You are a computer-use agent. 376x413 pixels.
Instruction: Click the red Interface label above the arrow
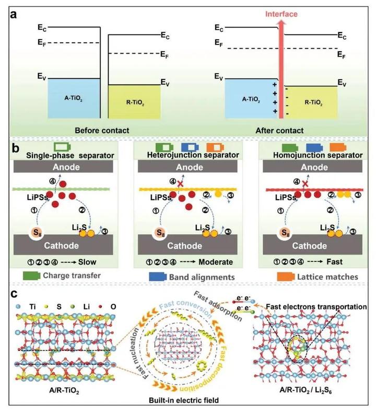pyautogui.click(x=281, y=14)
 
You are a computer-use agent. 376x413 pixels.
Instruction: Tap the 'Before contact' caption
pyautogui.click(x=102, y=130)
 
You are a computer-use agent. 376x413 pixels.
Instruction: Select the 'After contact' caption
pyautogui.click(x=279, y=130)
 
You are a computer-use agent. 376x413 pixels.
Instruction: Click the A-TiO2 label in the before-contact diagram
pyautogui.click(x=74, y=98)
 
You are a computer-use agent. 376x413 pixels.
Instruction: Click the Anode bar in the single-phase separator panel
pyautogui.click(x=63, y=167)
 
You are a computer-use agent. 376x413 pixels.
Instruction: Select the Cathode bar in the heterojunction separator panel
pyautogui.click(x=187, y=245)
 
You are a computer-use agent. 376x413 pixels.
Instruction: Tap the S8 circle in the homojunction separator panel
pyautogui.click(x=285, y=233)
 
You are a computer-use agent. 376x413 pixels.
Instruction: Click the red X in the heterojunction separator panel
pyautogui.click(x=180, y=183)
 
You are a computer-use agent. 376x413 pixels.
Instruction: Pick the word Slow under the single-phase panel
pyautogui.click(x=87, y=262)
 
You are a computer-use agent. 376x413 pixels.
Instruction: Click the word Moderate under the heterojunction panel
pyautogui.click(x=216, y=262)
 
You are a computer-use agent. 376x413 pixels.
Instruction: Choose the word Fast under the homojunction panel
pyautogui.click(x=334, y=261)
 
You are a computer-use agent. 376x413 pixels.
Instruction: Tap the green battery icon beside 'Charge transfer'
pyautogui.click(x=31, y=276)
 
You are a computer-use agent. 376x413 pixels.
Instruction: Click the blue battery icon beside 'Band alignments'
pyautogui.click(x=158, y=277)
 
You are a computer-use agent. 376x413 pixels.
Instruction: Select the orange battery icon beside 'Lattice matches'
pyautogui.click(x=286, y=277)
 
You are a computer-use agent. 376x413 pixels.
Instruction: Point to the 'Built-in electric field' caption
pyautogui.click(x=184, y=400)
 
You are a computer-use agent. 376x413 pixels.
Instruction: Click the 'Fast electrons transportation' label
pyautogui.click(x=316, y=306)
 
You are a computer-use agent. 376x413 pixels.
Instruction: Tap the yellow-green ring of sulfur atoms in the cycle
pyautogui.click(x=202, y=366)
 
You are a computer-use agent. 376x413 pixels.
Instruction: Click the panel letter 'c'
pyautogui.click(x=14, y=293)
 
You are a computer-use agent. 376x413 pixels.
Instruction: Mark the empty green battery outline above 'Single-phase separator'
pyautogui.click(x=62, y=147)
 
